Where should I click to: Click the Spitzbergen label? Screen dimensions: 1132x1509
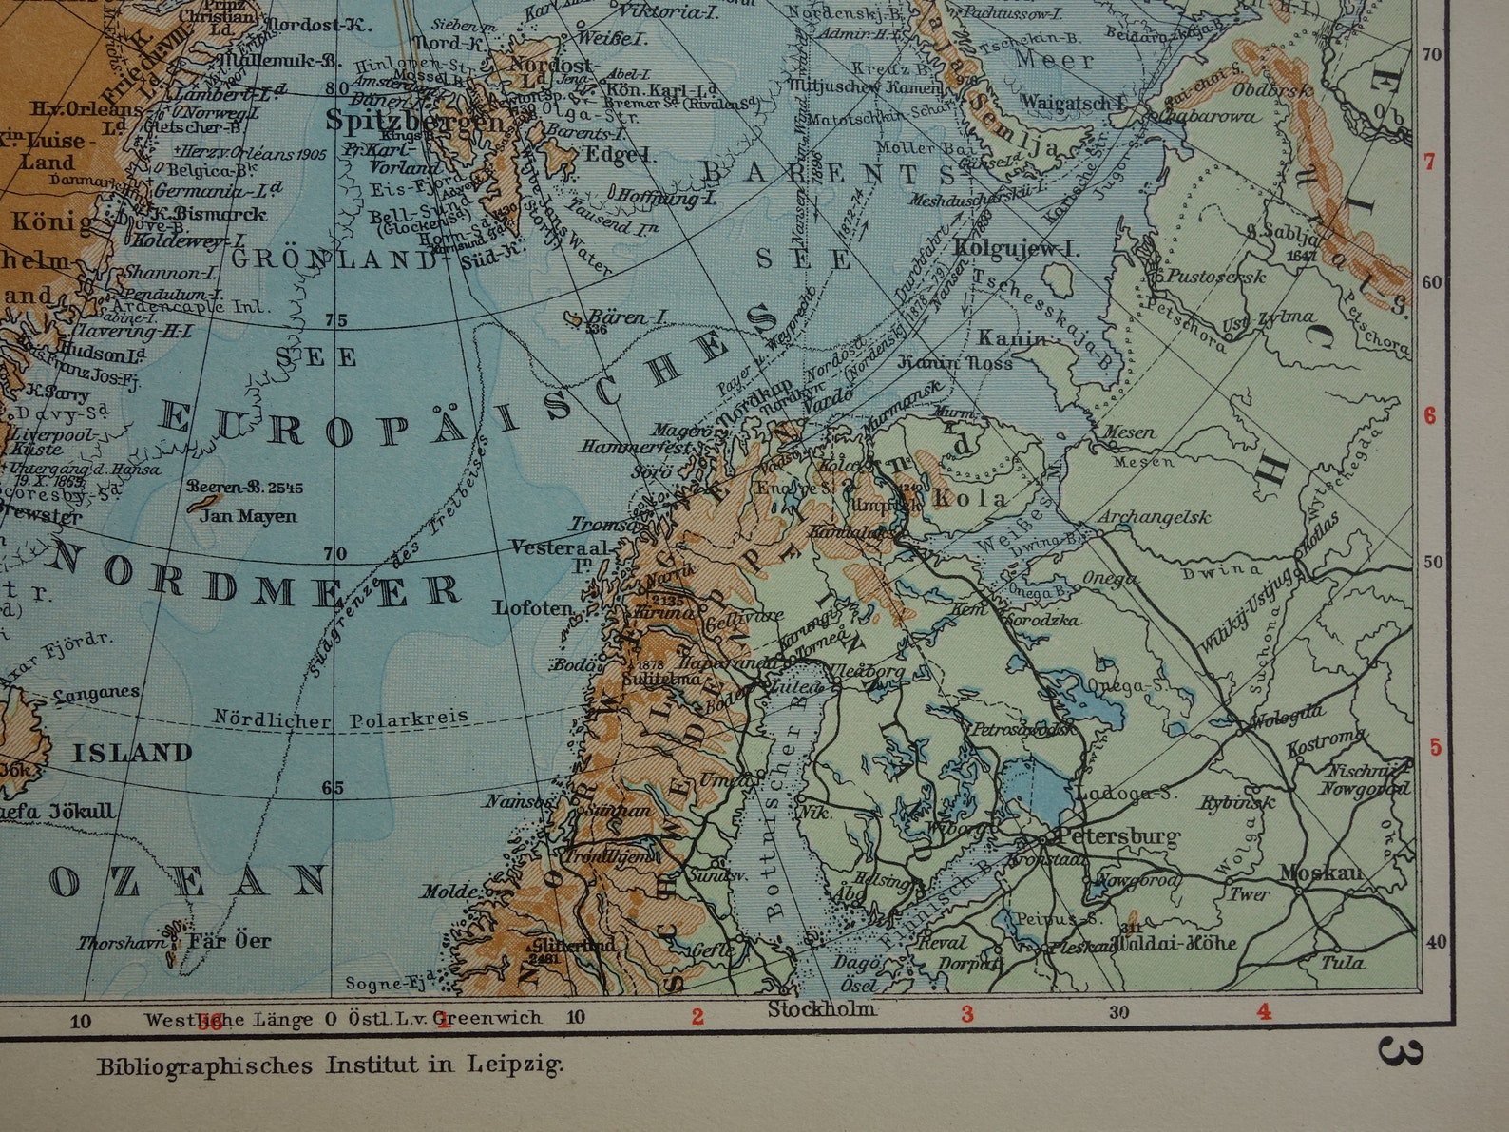[415, 121]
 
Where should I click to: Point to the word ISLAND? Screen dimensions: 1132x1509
[133, 754]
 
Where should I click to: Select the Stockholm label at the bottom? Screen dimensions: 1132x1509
[821, 1008]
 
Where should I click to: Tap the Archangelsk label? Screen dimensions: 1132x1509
[1154, 517]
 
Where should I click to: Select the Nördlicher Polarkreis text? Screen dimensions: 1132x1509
[341, 719]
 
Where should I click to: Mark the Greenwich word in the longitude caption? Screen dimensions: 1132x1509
[492, 1018]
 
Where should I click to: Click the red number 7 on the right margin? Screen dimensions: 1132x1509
[1429, 162]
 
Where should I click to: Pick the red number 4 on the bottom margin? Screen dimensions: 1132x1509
[1263, 1012]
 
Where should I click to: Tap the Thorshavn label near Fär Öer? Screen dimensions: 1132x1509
[122, 943]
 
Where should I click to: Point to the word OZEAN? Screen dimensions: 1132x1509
[187, 883]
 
